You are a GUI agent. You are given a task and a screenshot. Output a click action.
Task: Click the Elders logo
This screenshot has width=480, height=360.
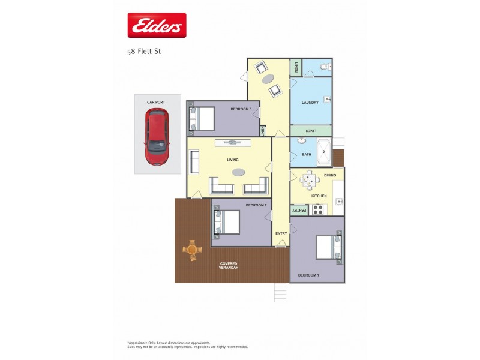[x=157, y=26]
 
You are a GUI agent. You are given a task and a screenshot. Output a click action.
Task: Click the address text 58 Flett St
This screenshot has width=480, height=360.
[x=144, y=52]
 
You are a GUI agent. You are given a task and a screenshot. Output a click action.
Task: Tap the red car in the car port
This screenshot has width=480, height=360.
[x=157, y=137]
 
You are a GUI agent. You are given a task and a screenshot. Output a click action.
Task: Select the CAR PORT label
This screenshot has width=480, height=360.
[x=156, y=102]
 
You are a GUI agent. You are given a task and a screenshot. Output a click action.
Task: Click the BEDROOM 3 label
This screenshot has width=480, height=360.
[x=241, y=109]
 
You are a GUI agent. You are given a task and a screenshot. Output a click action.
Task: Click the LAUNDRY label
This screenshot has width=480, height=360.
[x=310, y=102]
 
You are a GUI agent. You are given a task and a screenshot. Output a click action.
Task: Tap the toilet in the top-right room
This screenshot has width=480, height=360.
[x=324, y=67]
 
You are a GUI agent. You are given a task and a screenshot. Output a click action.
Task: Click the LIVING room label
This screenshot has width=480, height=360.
[x=233, y=160]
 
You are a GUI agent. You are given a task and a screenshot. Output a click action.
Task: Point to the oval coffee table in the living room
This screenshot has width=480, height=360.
[x=238, y=172]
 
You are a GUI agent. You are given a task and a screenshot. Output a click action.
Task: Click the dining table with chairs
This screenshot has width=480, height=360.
[x=309, y=179]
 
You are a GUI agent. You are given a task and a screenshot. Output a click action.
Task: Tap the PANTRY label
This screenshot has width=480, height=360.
[x=299, y=210]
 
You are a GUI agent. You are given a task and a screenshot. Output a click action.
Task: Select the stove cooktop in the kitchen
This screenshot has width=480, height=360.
[x=318, y=209]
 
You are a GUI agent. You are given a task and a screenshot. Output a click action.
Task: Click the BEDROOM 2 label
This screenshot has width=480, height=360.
[x=256, y=205]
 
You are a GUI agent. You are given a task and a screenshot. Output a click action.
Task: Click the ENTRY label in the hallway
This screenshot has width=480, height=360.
[x=281, y=233]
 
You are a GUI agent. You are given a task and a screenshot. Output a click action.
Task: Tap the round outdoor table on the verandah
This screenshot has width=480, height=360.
[x=192, y=249]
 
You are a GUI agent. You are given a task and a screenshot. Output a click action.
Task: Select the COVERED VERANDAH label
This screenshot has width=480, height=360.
[x=229, y=266]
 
